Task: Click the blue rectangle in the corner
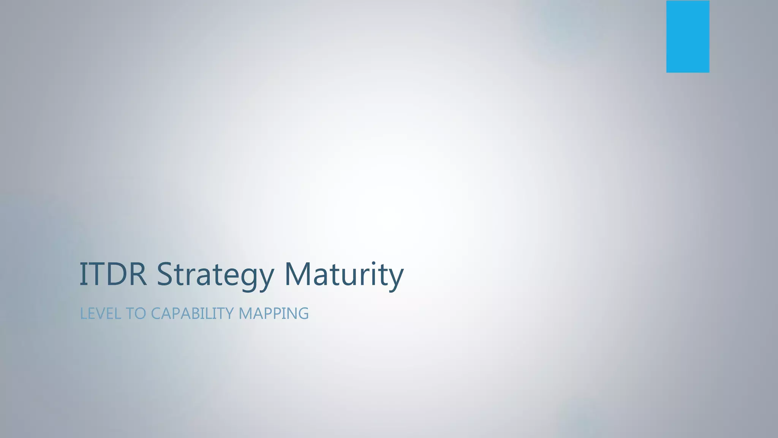(688, 36)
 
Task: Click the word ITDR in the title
(113, 274)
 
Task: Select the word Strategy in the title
(215, 275)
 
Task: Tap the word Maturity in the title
(344, 274)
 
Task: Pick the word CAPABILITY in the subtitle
(192, 314)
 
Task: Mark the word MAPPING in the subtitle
(274, 314)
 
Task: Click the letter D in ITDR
(115, 274)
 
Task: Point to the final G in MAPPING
(303, 314)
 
